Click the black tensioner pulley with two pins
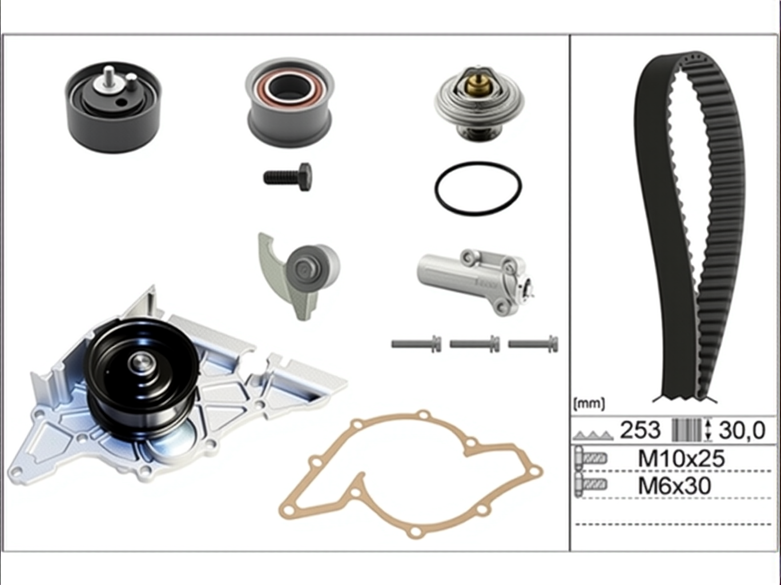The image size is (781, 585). [x=112, y=107]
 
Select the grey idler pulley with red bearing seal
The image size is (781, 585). [x=289, y=102]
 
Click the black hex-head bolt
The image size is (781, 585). [x=288, y=177]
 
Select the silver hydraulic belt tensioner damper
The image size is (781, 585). [x=476, y=282]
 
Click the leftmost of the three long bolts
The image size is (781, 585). [x=416, y=344]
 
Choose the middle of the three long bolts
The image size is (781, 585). [x=474, y=344]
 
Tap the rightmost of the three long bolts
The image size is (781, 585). [x=533, y=344]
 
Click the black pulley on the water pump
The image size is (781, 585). [x=142, y=378]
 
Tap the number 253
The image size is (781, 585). [x=640, y=430]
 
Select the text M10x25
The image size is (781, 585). [x=681, y=459]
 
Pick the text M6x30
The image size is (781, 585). [x=675, y=486]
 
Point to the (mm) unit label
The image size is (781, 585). [x=589, y=404]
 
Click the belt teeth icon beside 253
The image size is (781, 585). [x=593, y=435]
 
